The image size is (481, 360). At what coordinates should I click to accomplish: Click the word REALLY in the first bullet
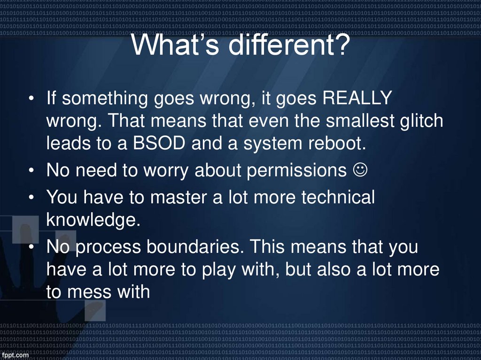point(358,99)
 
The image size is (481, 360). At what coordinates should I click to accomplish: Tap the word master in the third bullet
point(180,198)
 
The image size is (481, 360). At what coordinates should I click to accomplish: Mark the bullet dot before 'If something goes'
point(31,100)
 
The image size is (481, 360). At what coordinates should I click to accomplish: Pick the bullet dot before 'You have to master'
point(31,198)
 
